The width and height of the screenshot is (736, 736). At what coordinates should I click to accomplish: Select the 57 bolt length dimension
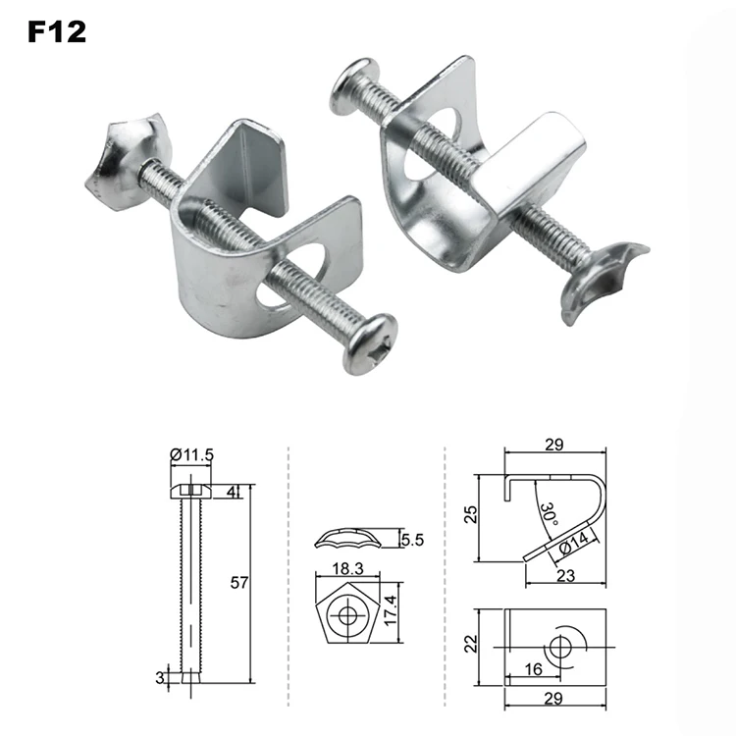coord(239,582)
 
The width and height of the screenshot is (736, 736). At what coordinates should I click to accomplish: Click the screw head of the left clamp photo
coord(369,342)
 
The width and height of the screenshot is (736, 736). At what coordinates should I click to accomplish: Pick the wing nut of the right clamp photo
coord(599,279)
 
